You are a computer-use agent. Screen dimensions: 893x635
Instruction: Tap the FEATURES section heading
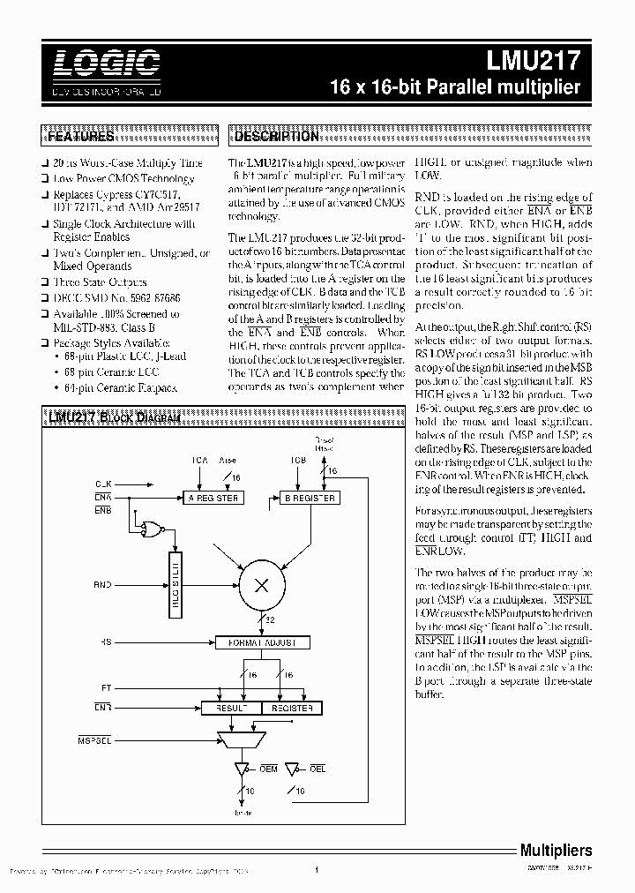(79, 137)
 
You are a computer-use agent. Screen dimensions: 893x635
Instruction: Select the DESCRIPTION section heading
(276, 137)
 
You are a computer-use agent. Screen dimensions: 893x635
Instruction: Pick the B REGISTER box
(307, 499)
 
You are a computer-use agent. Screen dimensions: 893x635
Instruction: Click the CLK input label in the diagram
(103, 484)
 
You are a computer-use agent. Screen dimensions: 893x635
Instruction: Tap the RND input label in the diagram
(103, 584)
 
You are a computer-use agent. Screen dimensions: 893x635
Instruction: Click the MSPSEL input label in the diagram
(94, 739)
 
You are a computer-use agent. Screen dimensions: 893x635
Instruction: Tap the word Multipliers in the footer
(555, 851)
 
